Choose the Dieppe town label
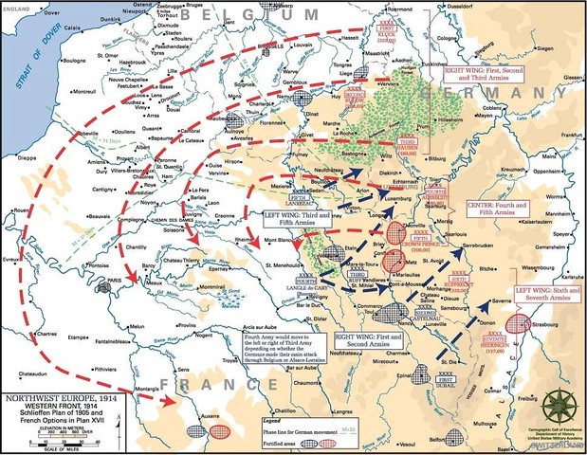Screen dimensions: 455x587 point(17,157)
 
